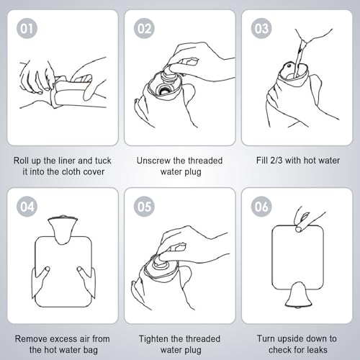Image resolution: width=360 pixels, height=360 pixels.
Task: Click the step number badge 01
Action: coord(27,29)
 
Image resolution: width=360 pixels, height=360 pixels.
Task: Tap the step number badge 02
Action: coord(144,29)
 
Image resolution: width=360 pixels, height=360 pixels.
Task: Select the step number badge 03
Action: coord(261,29)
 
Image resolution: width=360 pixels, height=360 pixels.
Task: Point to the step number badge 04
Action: coord(27,207)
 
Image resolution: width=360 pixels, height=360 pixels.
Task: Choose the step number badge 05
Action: coord(144,207)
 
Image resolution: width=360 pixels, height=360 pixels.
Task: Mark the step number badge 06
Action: coord(261,207)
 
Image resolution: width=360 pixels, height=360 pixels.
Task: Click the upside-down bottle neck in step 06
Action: coord(297,295)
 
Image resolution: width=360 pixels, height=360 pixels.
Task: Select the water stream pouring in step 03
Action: coord(299,58)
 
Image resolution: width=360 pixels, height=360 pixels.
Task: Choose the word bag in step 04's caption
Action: coord(91,351)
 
